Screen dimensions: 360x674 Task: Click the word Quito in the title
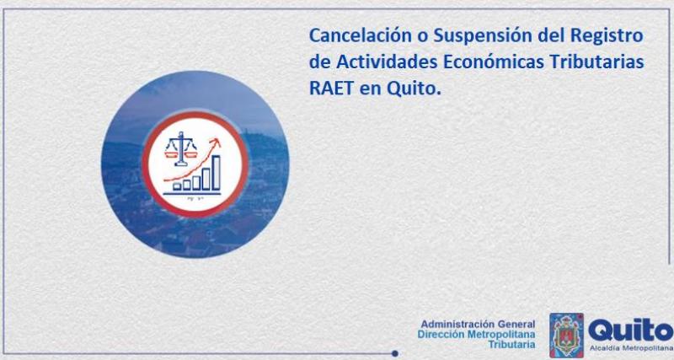point(414,89)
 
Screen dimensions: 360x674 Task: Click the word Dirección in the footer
point(441,334)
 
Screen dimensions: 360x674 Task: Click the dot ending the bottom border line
point(394,354)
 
